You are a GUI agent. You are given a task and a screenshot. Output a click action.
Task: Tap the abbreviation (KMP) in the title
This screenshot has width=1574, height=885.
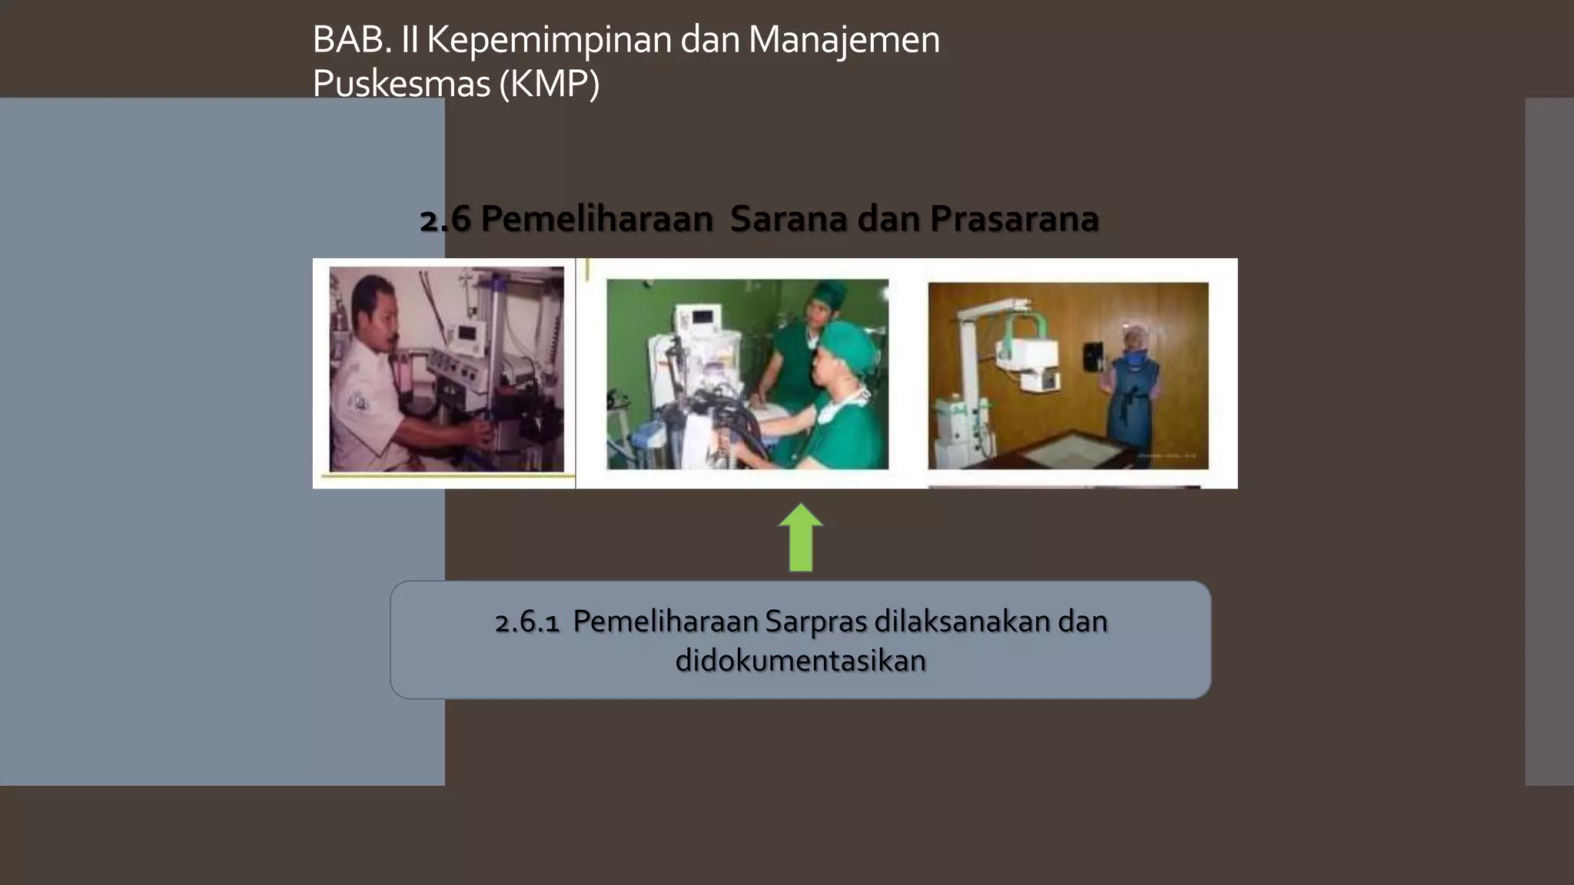pyautogui.click(x=549, y=84)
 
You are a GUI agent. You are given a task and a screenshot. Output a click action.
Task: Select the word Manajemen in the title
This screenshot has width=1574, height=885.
pyautogui.click(x=844, y=40)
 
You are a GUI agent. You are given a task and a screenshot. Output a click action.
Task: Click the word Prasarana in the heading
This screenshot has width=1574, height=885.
pyautogui.click(x=1014, y=219)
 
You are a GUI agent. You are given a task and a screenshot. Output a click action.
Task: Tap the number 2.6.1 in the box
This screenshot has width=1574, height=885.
pyautogui.click(x=527, y=621)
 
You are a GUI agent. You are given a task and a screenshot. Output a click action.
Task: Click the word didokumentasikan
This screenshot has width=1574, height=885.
pyautogui.click(x=801, y=661)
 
